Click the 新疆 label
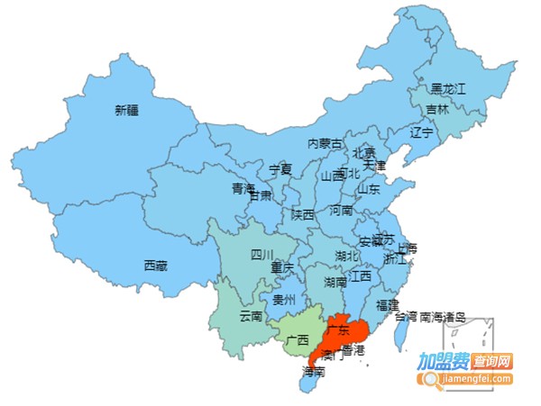point(128,111)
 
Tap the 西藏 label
point(155,266)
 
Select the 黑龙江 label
point(447,89)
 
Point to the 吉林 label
point(436,110)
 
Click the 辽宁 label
point(422,133)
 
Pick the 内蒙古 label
point(326,143)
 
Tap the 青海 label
point(243,189)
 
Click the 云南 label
point(251,316)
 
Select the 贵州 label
point(284,300)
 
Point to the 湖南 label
point(335,283)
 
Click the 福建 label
point(388,305)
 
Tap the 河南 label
point(341,211)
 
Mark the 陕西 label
point(303,214)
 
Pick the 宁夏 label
point(281,169)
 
